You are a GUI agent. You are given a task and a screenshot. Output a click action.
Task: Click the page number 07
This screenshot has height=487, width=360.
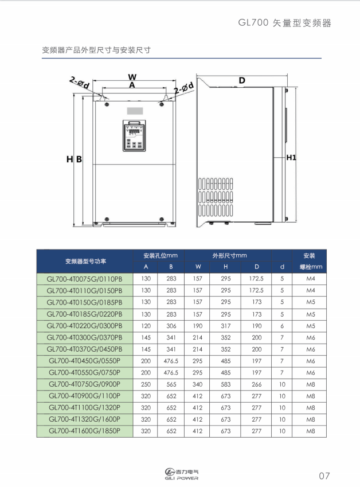[324, 476]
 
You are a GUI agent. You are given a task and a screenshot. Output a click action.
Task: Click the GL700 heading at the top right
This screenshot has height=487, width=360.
[285, 24]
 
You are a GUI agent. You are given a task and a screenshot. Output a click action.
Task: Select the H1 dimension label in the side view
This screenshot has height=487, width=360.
[291, 157]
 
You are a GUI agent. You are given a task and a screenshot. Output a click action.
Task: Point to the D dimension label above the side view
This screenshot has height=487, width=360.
[242, 80]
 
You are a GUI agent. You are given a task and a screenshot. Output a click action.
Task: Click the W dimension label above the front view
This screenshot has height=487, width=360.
[132, 76]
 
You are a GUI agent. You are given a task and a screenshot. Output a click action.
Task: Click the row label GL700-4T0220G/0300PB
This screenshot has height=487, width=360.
[85, 326]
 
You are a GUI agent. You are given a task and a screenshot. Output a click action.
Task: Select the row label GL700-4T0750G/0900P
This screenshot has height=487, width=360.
[85, 384]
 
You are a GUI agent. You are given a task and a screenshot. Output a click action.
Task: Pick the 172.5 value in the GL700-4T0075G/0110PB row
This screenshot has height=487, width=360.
[256, 279]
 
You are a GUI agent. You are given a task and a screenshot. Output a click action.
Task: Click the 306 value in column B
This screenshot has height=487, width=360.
[171, 326]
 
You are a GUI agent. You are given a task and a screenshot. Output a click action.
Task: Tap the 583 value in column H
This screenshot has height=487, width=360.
[226, 384]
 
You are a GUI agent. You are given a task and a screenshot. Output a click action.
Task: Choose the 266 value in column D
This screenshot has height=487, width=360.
[256, 384]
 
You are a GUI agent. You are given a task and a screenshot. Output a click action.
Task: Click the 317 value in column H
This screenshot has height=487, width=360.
[226, 326]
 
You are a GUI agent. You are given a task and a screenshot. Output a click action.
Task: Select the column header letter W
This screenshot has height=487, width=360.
[198, 267]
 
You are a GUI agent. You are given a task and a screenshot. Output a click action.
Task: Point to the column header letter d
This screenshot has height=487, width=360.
[282, 267]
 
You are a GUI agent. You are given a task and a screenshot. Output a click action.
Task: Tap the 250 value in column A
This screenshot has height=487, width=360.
[146, 384]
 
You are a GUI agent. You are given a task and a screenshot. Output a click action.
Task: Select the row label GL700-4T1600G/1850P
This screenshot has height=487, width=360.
[85, 431]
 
